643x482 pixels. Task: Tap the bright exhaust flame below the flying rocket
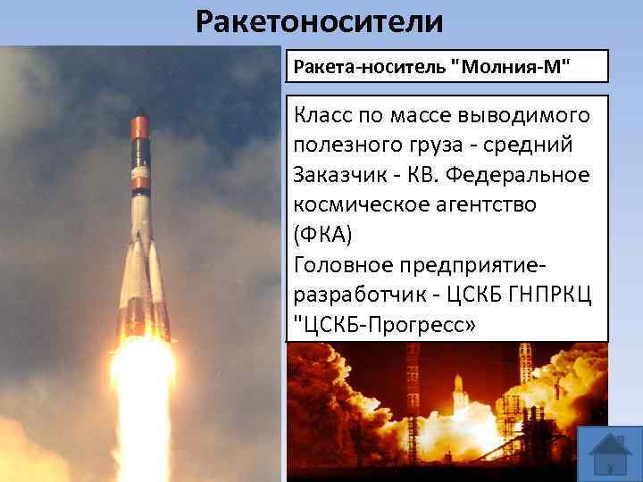click(x=143, y=402)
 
